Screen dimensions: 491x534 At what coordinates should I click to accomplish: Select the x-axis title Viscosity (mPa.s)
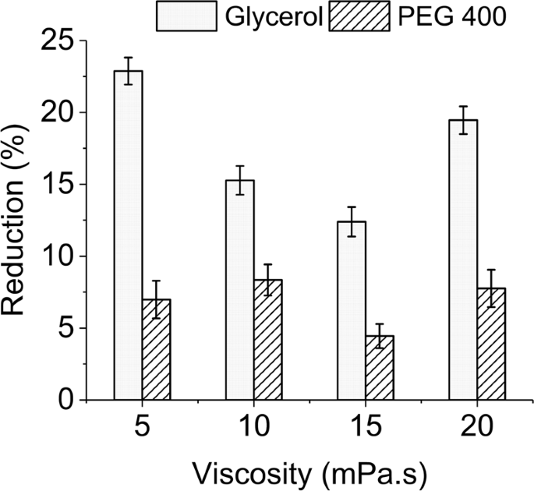[309, 472]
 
